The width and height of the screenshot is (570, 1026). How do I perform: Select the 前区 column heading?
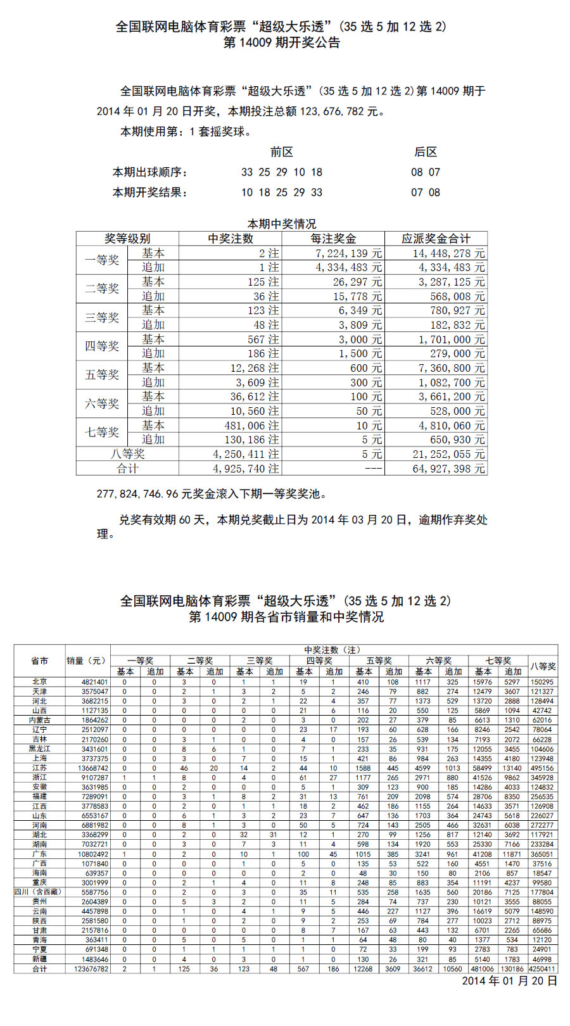pos(281,152)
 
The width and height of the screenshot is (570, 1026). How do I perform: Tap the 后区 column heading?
pos(426,152)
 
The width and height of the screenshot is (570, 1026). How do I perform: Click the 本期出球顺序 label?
pos(150,172)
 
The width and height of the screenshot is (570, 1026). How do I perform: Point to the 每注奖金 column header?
pos(333,239)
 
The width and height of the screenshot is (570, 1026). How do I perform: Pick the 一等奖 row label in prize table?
pos(102,260)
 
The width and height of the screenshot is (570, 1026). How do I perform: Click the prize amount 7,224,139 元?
pos(349,253)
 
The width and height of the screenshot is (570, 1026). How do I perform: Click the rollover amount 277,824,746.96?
pos(137,494)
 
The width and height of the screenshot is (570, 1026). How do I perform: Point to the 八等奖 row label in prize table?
pos(127,454)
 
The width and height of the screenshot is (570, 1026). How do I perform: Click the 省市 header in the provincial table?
pos(40,661)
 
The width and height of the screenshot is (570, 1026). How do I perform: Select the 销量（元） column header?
pos(87,661)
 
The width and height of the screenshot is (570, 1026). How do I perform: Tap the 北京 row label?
pos(40,682)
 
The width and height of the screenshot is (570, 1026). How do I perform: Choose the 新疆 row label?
pos(40,959)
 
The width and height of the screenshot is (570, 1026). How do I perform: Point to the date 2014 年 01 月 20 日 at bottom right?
pos(509,981)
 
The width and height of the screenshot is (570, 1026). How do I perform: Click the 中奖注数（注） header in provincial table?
pos(332,650)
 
